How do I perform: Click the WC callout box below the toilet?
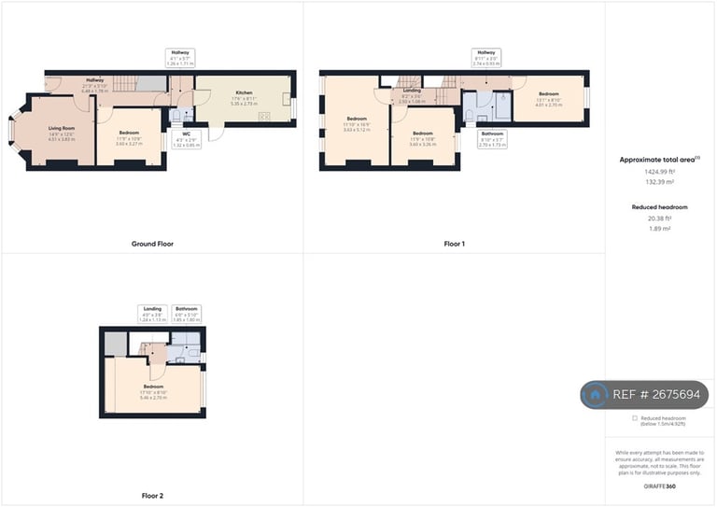click(187, 140)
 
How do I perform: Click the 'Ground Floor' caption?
click(152, 244)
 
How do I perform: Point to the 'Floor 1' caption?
click(455, 244)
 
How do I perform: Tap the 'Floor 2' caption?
click(152, 496)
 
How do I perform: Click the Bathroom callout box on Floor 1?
click(492, 139)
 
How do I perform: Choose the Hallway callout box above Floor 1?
click(485, 57)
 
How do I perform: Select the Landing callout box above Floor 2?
click(152, 314)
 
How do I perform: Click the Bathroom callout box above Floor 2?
click(187, 314)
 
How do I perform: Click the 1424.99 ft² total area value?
click(660, 173)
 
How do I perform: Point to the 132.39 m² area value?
click(660, 183)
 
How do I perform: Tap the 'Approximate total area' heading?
click(659, 161)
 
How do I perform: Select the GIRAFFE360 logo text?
click(660, 486)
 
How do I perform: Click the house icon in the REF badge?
click(595, 395)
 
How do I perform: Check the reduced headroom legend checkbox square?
click(635, 418)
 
